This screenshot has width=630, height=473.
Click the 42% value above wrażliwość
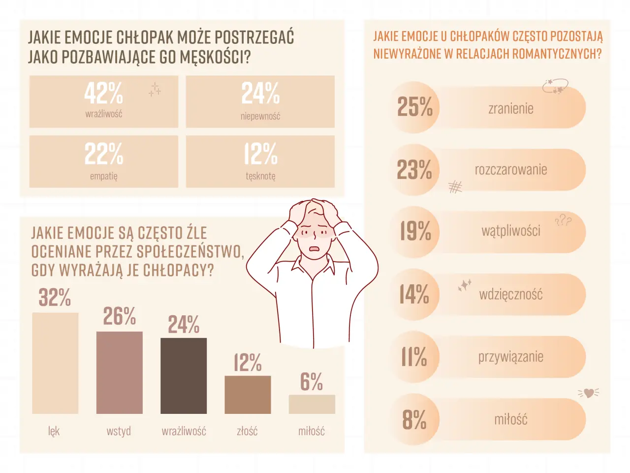[103, 93]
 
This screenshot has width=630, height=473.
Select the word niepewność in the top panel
[260, 116]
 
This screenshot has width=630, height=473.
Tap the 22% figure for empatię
[103, 154]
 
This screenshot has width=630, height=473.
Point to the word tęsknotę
[260, 176]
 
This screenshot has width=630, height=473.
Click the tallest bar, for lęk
[55, 363]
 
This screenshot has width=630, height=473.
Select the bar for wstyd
[120, 372]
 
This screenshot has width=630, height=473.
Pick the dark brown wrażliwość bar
[184, 375]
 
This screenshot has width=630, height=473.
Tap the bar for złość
[248, 395]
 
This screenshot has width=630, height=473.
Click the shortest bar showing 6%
[312, 404]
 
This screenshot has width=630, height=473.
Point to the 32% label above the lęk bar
[55, 298]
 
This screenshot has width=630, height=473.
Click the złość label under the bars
[247, 431]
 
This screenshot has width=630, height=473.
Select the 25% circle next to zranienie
[414, 107]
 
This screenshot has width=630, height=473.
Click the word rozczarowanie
[511, 170]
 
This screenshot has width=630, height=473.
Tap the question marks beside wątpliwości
[563, 221]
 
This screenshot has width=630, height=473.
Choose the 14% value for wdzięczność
[414, 294]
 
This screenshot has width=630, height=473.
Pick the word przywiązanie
[511, 357]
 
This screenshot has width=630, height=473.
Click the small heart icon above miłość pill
[589, 393]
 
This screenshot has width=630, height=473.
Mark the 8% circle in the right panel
[414, 420]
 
